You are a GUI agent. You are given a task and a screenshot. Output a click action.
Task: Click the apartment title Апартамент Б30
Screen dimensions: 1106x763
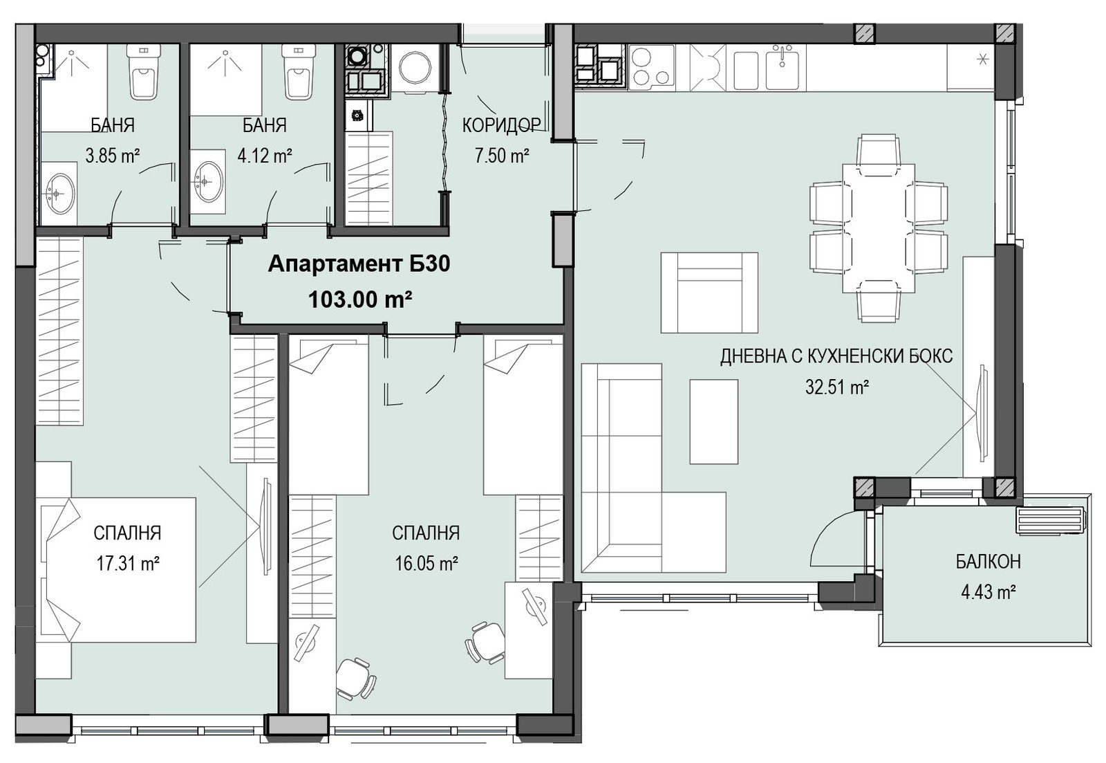point(359,264)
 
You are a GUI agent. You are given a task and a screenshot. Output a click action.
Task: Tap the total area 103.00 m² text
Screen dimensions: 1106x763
point(360,299)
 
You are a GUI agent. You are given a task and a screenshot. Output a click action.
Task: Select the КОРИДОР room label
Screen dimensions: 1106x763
point(501,125)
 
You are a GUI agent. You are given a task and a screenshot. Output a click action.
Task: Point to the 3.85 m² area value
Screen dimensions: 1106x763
point(113,156)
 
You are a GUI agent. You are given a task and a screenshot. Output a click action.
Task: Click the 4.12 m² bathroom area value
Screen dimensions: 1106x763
point(265,156)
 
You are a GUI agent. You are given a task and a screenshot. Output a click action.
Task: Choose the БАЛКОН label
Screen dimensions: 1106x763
point(988,562)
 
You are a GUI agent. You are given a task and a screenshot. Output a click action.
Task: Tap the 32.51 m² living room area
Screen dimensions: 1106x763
point(837,387)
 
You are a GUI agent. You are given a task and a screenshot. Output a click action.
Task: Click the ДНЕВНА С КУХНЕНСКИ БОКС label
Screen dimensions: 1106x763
point(836,356)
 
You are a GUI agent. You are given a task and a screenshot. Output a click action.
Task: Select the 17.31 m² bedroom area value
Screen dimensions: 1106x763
point(127,564)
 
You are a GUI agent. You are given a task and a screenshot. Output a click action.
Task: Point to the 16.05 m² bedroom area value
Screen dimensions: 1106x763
point(427,564)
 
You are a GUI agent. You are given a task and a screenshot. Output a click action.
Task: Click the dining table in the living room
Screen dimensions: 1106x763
point(879,228)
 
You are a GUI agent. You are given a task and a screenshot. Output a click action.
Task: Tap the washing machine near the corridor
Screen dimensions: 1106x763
point(415,68)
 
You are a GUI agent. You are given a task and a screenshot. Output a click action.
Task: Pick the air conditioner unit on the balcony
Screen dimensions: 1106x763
point(1051,520)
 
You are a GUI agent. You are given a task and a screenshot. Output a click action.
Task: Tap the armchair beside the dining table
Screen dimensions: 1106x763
point(709,293)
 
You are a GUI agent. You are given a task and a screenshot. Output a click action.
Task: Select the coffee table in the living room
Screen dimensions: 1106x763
point(713,421)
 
